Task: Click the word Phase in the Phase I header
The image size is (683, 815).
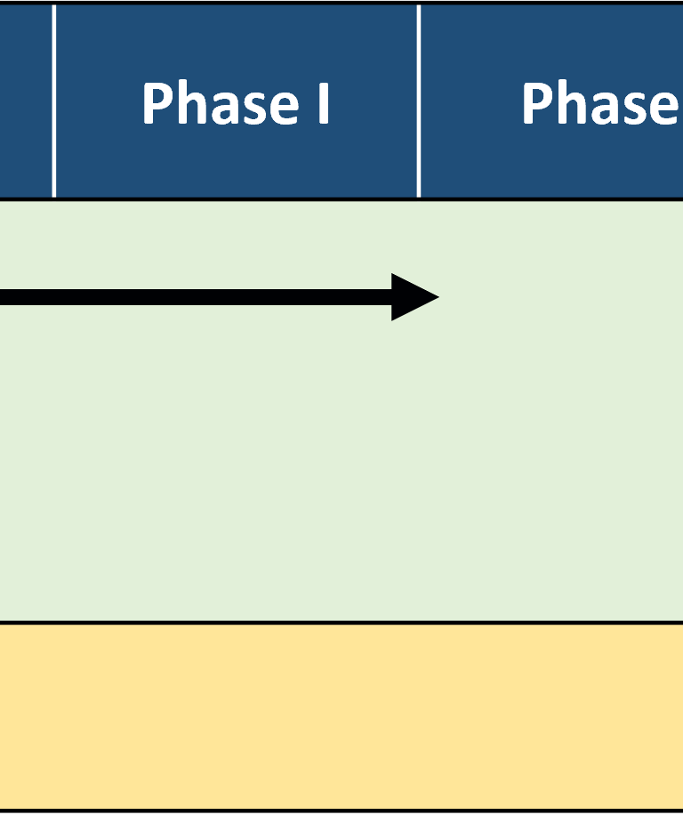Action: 221,103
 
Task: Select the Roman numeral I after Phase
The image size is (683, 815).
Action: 324,103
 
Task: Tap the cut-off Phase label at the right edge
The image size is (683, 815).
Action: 600,103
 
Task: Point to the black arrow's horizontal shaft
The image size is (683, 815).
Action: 196,297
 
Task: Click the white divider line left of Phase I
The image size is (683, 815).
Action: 54,101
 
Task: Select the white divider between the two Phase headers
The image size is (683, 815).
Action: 419,101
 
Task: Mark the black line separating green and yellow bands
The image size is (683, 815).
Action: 341,622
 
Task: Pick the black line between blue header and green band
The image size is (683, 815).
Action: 341,199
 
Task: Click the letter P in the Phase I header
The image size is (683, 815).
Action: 157,103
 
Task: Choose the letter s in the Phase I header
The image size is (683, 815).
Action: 253,109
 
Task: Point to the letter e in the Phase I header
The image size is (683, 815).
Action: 284,109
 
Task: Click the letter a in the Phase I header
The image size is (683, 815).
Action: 224,109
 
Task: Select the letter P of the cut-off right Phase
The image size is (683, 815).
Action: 537,103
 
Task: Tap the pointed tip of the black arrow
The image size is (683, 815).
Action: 439,297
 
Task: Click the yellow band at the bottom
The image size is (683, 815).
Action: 341,716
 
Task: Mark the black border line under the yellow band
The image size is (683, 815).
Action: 341,811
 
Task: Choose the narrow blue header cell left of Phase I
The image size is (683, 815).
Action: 26,101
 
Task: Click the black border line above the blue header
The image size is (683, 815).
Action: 341,3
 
